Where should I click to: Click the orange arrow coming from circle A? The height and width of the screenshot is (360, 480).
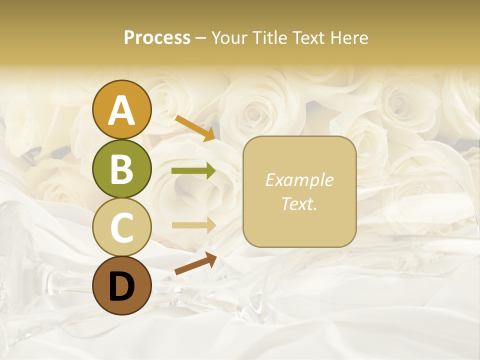[195, 128]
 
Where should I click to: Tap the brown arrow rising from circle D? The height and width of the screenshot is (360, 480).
[195, 263]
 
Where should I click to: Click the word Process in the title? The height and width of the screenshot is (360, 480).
[157, 38]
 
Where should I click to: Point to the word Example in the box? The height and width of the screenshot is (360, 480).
[299, 180]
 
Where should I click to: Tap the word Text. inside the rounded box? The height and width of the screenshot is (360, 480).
[299, 204]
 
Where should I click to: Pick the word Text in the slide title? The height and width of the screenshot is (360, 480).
[310, 38]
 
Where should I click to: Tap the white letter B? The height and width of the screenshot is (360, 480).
[122, 170]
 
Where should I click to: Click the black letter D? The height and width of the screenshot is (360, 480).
[122, 286]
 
